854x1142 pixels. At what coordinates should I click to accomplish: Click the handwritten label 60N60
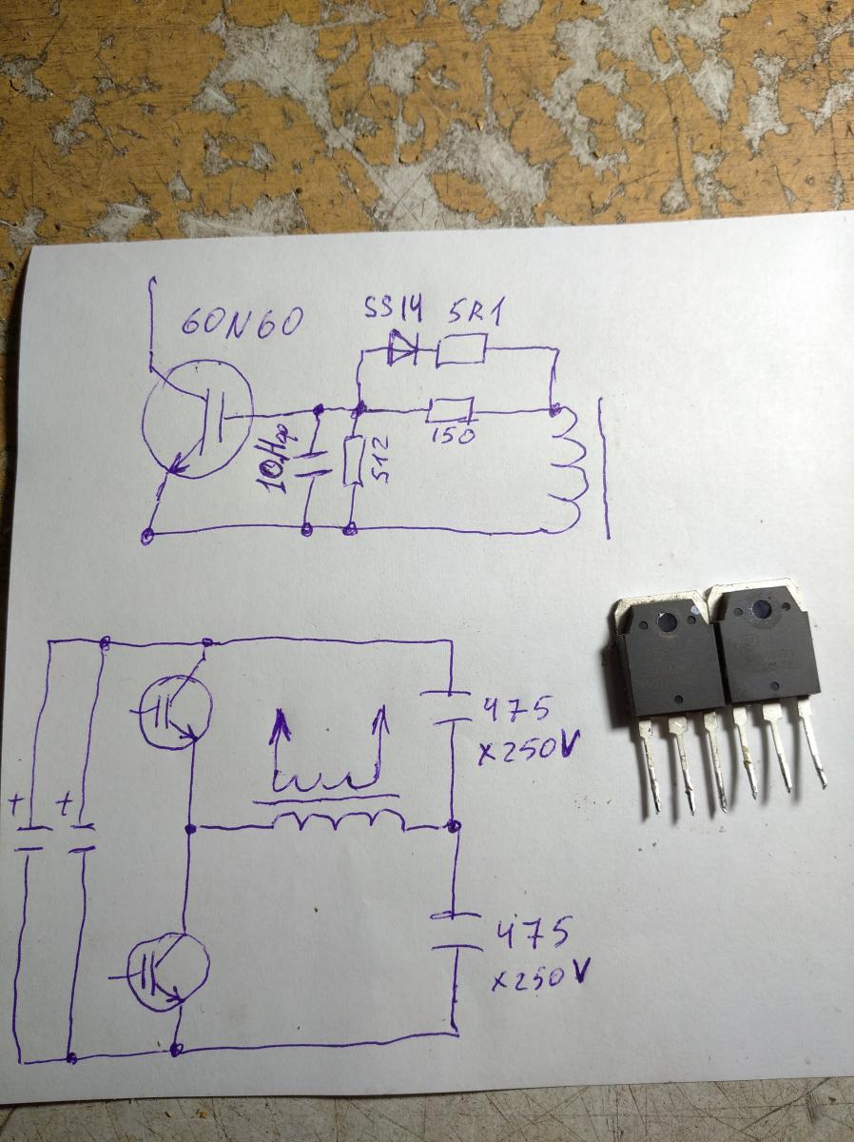coord(242,325)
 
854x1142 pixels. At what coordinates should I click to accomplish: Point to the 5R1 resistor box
coord(461,352)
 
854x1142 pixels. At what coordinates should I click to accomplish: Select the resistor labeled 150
coord(449,410)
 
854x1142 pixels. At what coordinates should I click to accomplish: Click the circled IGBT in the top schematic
coord(198,418)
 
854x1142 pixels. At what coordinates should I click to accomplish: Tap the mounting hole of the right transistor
coord(761,611)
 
